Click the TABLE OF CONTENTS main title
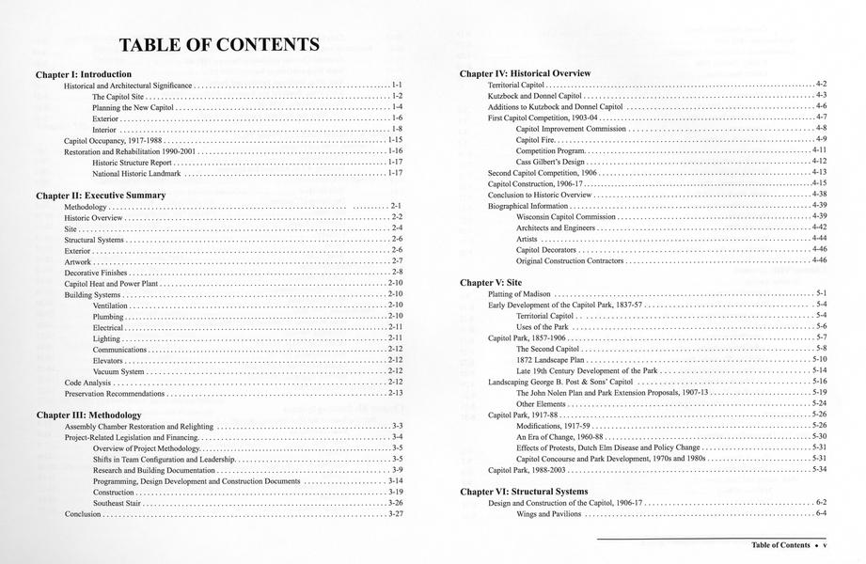(218, 44)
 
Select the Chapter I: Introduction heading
(84, 73)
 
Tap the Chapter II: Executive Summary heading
(101, 195)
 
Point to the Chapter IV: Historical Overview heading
(525, 73)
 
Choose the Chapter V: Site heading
(490, 282)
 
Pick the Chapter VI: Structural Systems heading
(524, 492)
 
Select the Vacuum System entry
(118, 371)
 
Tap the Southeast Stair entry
(119, 503)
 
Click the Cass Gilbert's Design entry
(551, 162)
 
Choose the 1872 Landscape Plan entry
(550, 359)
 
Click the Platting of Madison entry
(519, 293)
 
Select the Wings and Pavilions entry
(551, 513)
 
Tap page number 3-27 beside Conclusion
(395, 514)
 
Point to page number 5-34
(818, 469)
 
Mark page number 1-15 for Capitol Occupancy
(395, 139)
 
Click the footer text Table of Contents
(780, 545)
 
